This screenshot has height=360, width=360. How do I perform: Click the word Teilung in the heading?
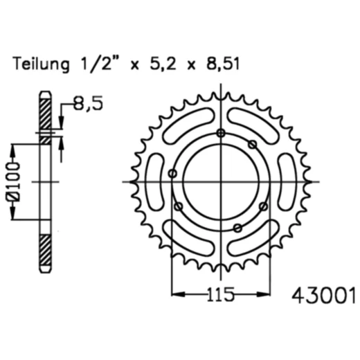point(42,64)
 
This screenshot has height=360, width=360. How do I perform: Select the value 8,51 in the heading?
point(223,63)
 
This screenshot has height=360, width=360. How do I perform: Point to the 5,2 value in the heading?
point(163,64)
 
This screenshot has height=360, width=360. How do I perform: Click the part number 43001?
point(324,296)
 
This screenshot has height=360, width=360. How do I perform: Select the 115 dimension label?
point(220,294)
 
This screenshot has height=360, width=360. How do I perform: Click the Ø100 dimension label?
point(12,181)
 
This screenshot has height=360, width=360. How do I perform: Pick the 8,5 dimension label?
point(88,103)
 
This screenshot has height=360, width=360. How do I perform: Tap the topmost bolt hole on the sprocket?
point(221,133)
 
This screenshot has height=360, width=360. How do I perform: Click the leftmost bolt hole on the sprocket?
point(172,173)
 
